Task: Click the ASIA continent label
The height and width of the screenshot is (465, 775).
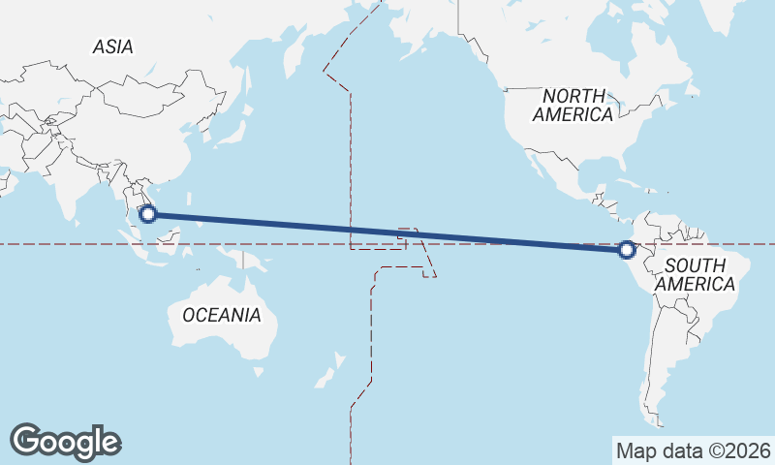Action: [x=113, y=46]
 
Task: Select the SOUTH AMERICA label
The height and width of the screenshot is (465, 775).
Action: [x=695, y=275]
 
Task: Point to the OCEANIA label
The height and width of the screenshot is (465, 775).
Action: [x=222, y=315]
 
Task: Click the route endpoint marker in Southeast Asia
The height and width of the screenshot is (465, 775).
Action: [x=148, y=214]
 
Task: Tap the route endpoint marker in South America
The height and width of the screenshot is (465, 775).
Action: [x=627, y=250]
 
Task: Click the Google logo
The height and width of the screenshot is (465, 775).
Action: [x=65, y=442]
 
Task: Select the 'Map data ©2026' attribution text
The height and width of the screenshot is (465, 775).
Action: [x=694, y=450]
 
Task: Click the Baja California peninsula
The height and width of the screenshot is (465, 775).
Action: [x=536, y=167]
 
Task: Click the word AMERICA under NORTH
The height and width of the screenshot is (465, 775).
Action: [x=573, y=114]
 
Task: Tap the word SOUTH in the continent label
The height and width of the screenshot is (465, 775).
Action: [x=695, y=265]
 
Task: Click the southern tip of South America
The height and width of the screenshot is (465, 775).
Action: [x=657, y=419]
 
